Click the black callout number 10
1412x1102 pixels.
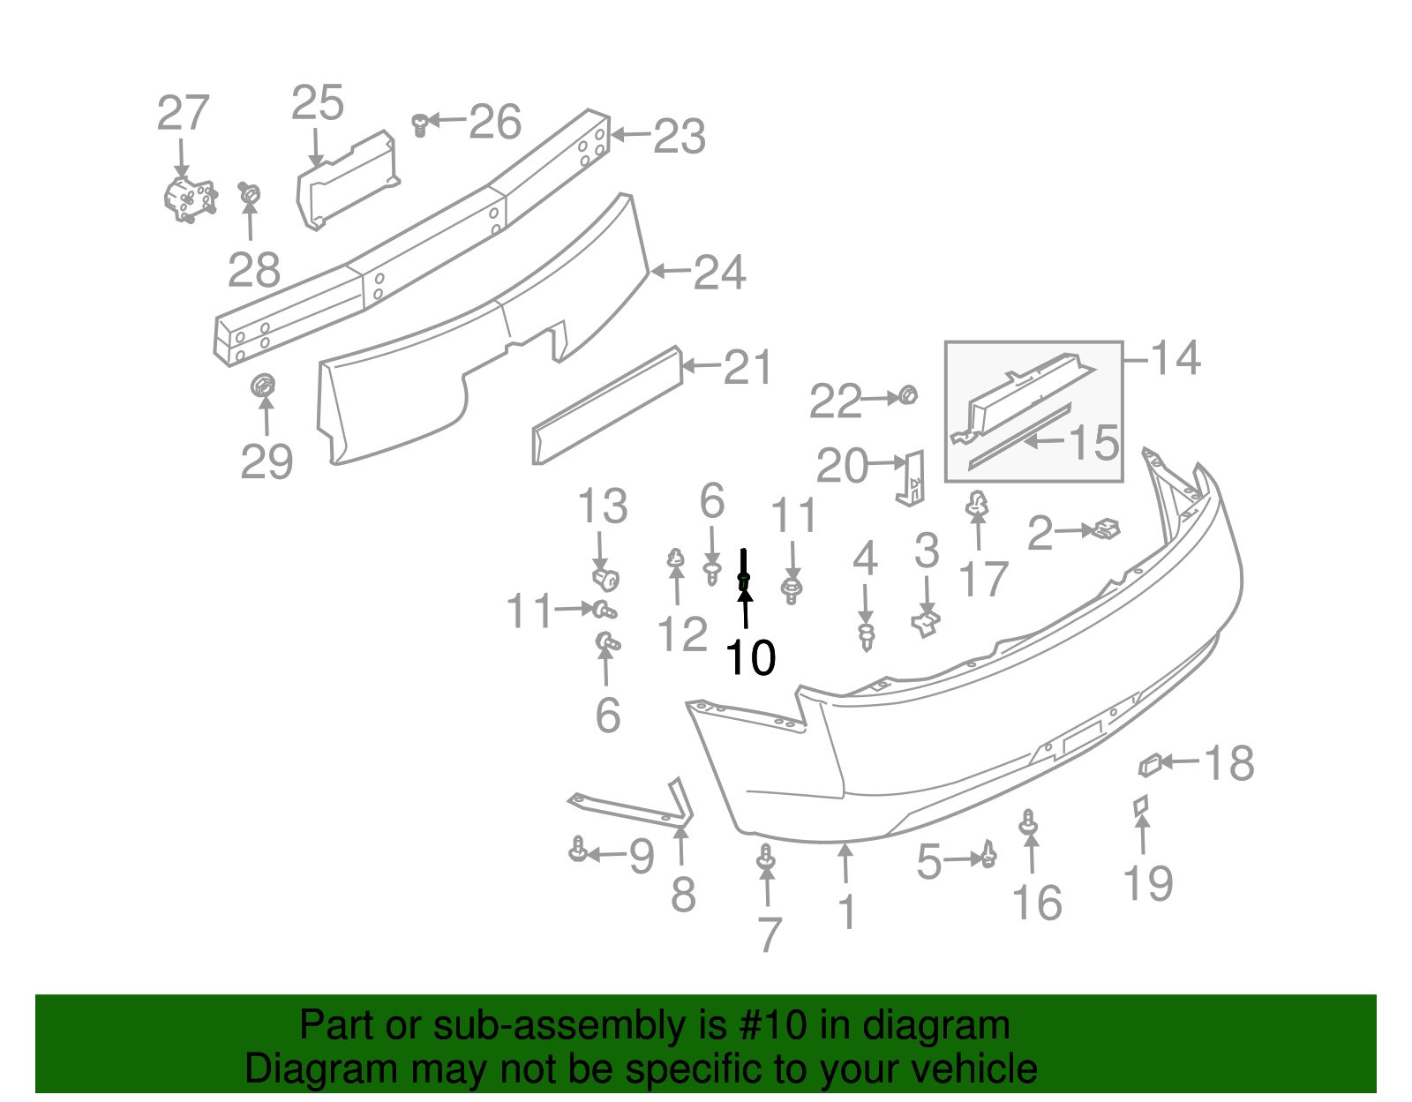coord(750,658)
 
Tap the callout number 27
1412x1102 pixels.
coord(183,114)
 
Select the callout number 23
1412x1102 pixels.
coord(680,137)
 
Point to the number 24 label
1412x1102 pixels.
coord(720,273)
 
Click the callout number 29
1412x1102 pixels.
coord(267,461)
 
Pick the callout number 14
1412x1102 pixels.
coord(1175,358)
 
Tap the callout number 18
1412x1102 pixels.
coord(1228,763)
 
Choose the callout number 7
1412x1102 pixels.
coord(770,934)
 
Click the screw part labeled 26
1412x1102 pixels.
coord(421,124)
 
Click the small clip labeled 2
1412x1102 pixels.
coord(1105,529)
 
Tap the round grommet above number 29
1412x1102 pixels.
coord(263,386)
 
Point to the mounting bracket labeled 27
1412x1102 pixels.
coord(188,199)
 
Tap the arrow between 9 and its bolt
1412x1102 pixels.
coord(606,854)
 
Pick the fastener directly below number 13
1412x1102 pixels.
coord(605,579)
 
